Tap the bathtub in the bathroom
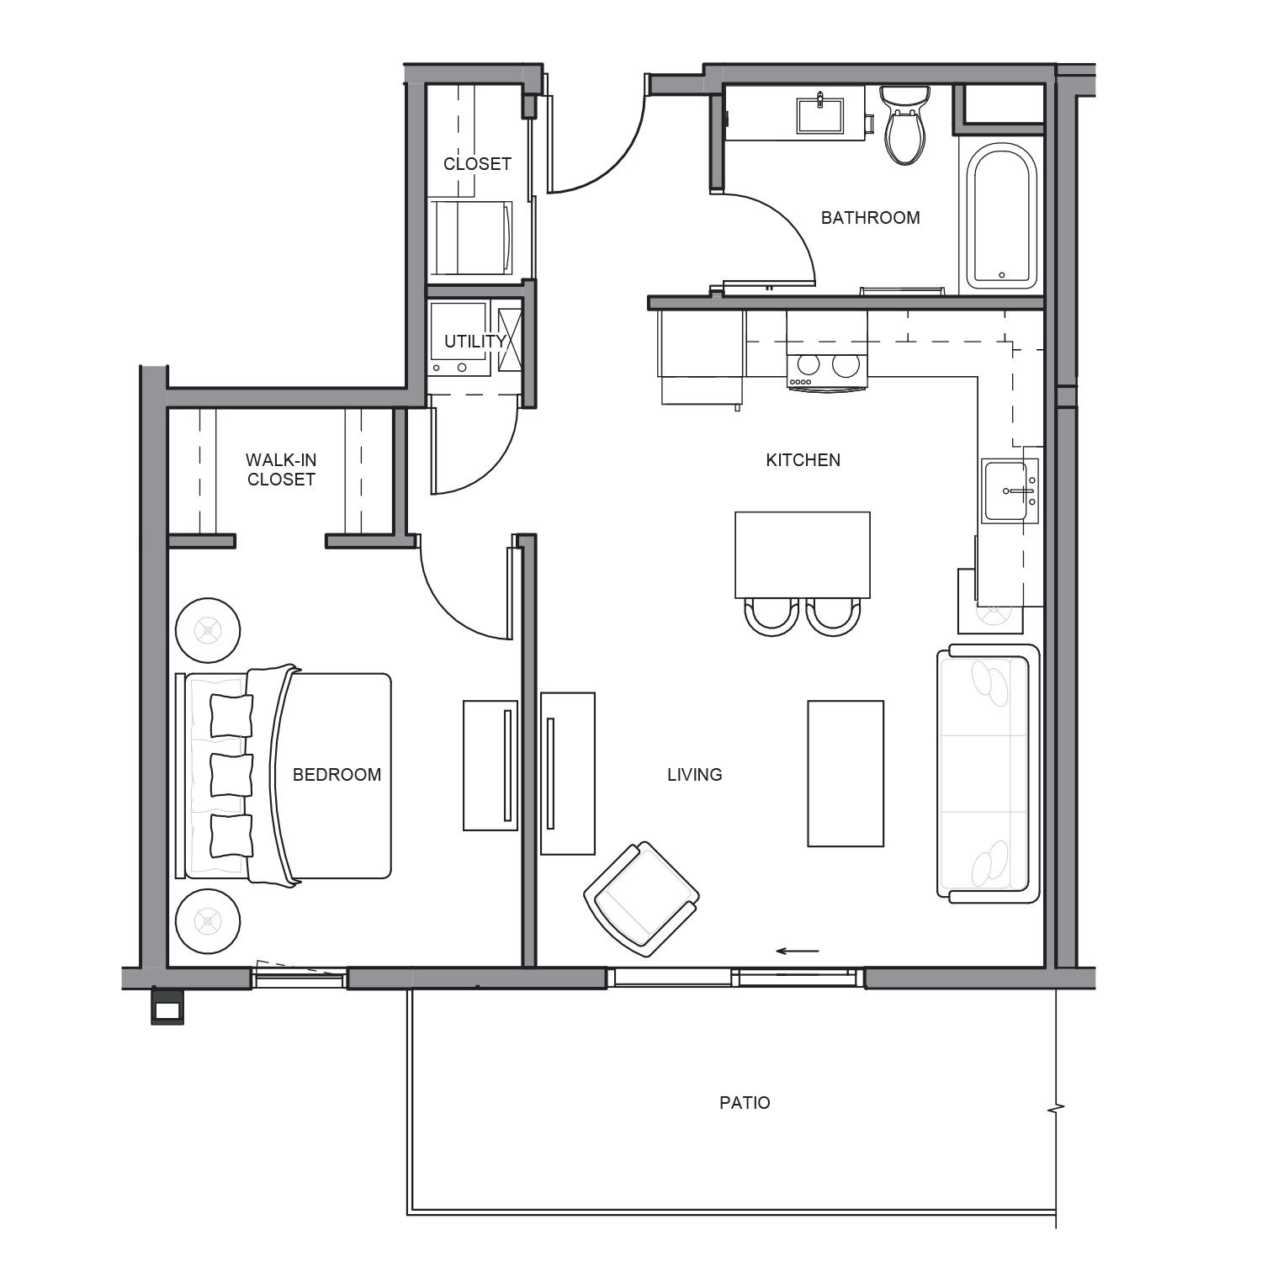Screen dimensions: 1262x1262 [1001, 215]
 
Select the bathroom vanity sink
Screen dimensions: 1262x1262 [819, 115]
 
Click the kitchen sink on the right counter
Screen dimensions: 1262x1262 [1010, 490]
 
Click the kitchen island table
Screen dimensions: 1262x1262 [803, 554]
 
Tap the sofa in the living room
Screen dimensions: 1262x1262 [989, 773]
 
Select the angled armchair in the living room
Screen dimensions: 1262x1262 [642, 899]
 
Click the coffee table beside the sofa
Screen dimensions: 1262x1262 [846, 773]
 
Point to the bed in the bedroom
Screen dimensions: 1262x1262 [284, 775]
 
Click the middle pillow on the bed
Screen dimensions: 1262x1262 [231, 775]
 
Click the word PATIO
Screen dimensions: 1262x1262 [745, 1102]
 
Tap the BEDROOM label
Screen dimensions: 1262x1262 [337, 774]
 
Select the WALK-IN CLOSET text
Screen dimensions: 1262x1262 [281, 469]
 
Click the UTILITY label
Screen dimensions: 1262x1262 [475, 341]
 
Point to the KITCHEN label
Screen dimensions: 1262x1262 [803, 459]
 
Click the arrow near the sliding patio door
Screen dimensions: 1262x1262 [797, 952]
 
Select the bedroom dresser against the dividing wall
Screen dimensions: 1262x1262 [490, 766]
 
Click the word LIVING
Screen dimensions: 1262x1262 [694, 774]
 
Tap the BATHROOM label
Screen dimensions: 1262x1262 [870, 217]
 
